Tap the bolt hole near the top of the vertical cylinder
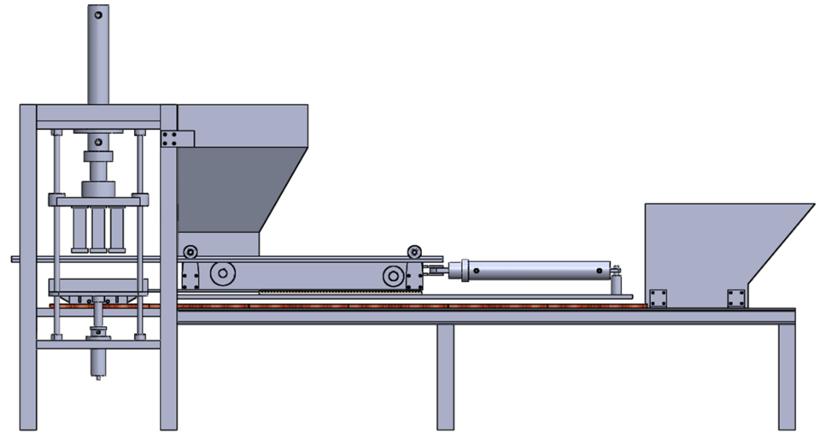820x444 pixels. coord(98,15)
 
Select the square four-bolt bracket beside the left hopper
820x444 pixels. coord(170,138)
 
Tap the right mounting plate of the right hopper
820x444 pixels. coord(735,297)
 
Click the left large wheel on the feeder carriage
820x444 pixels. coord(222,274)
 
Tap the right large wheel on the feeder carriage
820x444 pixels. coord(394,275)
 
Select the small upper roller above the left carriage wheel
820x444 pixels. coord(190,251)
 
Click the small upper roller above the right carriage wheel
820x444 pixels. coord(415,251)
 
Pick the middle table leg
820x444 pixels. coord(445,376)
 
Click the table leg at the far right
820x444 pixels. coord(786,376)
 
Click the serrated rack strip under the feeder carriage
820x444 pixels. coord(342,291)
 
